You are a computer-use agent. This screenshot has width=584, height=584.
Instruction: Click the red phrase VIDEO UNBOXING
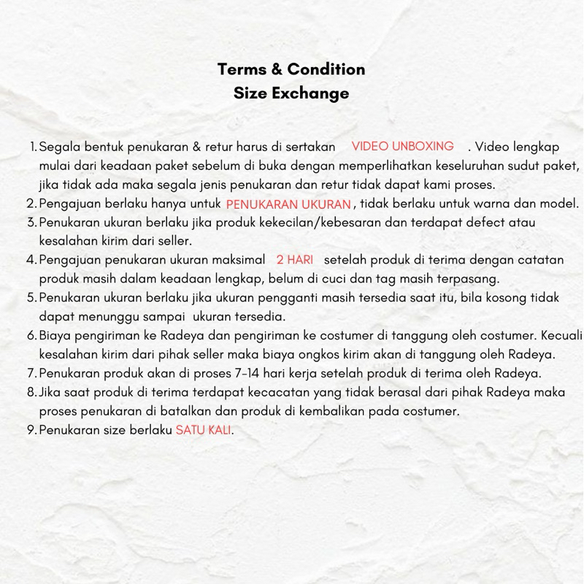(x=402, y=146)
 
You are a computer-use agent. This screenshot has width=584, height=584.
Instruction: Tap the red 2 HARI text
(x=294, y=260)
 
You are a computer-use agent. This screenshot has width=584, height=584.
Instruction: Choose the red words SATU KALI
(x=204, y=430)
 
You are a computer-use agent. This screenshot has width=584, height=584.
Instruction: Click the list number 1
(x=33, y=147)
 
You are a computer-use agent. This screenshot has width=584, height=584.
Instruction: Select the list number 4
(x=31, y=261)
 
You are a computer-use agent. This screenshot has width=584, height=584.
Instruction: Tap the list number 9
(x=31, y=430)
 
